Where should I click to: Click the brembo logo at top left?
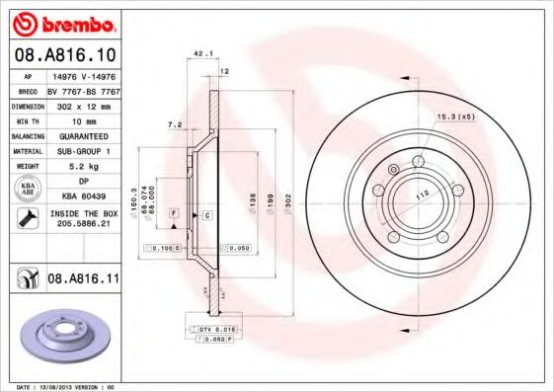[x=63, y=22]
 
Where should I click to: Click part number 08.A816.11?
[x=83, y=280]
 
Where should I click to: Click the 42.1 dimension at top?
[x=203, y=56]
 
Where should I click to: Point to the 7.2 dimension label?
[x=176, y=125]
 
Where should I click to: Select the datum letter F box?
[x=173, y=213]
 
